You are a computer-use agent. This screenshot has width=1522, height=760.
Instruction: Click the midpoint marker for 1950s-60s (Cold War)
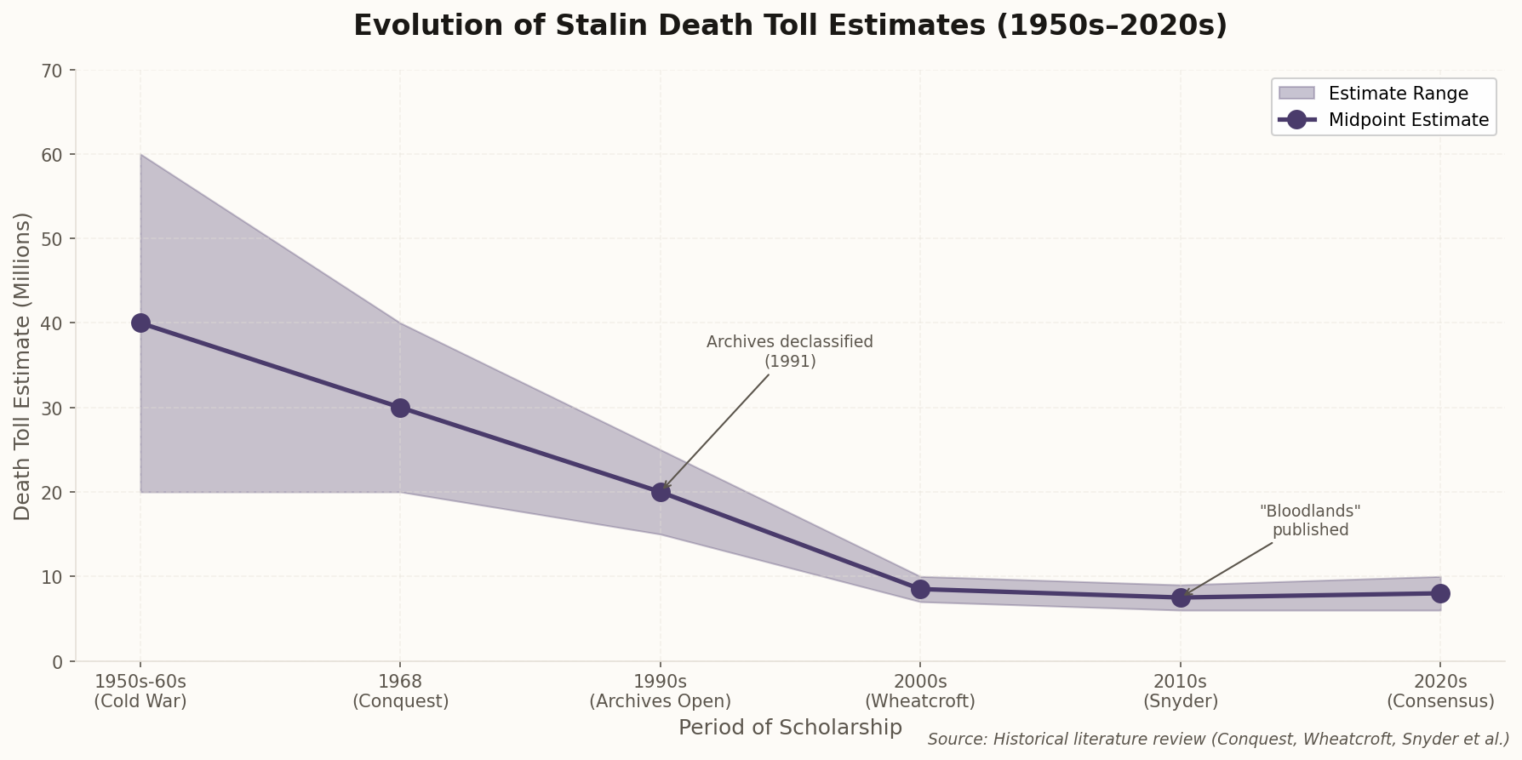coord(140,323)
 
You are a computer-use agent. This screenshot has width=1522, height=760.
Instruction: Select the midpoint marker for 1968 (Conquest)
coord(400,408)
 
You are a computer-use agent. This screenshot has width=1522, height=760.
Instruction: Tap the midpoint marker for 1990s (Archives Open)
coord(661,492)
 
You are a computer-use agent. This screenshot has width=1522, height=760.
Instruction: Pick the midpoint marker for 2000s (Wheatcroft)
coord(920,589)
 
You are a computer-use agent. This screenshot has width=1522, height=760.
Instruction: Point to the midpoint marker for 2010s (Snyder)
coord(1181,597)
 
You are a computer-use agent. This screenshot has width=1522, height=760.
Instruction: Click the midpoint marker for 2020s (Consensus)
coord(1440,593)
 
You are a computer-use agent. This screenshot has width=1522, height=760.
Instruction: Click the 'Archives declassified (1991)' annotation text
coord(789,351)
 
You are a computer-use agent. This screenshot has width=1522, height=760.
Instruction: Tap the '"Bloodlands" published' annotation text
coord(1310,520)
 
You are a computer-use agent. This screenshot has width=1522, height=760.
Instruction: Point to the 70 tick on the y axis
coord(53,71)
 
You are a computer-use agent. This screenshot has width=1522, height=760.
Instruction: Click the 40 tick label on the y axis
coord(53,323)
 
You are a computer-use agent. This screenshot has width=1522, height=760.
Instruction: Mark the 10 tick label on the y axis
coord(53,577)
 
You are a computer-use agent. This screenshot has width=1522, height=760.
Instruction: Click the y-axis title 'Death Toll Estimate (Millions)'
coord(23,366)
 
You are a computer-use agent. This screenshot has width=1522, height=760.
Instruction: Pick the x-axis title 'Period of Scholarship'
coord(790,728)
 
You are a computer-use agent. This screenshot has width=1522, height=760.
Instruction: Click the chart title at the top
coord(790,26)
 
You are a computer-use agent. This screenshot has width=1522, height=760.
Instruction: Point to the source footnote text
coord(1218,739)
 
